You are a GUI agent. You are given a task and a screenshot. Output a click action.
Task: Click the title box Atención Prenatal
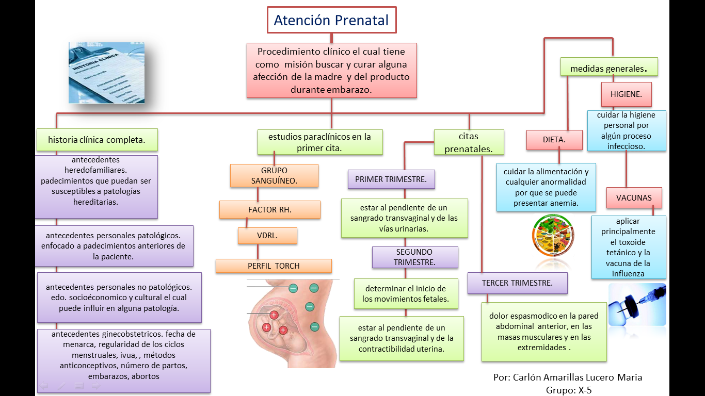[331, 21]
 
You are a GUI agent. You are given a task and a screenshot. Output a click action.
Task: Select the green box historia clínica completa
[97, 140]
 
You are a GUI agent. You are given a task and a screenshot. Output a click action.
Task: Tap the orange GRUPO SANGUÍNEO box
[274, 176]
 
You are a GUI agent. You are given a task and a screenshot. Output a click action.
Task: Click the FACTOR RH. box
[269, 210]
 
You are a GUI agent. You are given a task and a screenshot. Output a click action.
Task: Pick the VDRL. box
[267, 236]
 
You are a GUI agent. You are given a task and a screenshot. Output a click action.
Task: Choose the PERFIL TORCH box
[274, 266]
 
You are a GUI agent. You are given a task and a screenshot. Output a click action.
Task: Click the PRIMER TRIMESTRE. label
[391, 179]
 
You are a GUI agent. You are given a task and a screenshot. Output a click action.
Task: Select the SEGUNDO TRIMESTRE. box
[415, 257]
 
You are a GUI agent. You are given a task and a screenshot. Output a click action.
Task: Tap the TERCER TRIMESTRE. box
[517, 283]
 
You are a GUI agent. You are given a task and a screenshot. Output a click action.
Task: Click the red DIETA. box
[554, 140]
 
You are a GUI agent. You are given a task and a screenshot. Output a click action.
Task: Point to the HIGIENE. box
[626, 94]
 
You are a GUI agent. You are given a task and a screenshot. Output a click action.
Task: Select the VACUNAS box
[634, 197]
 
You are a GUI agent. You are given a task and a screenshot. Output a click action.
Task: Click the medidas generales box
[609, 68]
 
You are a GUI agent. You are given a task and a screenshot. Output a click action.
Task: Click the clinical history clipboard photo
[107, 73]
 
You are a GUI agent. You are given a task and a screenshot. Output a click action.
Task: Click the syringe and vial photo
[637, 304]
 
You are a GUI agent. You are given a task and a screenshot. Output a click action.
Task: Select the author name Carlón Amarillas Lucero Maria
[568, 377]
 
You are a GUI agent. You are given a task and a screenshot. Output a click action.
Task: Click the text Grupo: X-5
[569, 390]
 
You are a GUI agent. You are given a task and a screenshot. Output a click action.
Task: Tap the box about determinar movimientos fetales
[406, 294]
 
